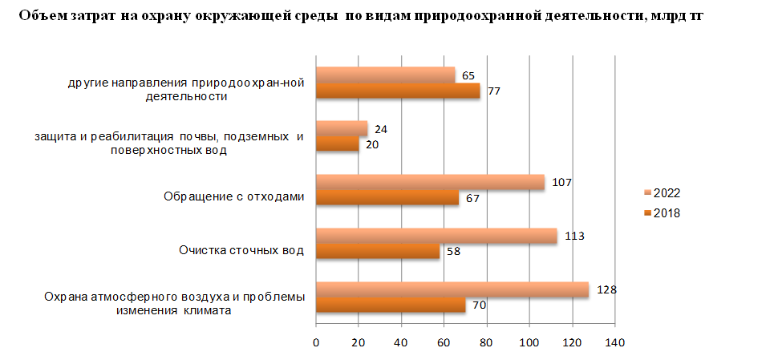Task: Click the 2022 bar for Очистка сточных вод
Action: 436,236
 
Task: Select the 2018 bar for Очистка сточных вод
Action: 378,251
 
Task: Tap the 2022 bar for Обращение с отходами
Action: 430,182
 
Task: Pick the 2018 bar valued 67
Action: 387,198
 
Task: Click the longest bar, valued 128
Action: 452,289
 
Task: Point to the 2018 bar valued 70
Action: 391,305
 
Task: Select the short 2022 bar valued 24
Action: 342,128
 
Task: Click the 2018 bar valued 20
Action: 338,144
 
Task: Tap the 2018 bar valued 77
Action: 398,91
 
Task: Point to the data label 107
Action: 563,182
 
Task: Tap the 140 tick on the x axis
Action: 614,343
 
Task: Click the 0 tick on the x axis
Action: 316,343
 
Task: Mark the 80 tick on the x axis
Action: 486,343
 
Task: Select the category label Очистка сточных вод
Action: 241,250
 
